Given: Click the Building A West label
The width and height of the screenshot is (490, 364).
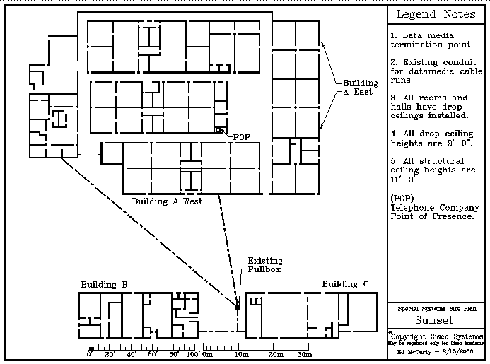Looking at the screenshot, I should [167, 201].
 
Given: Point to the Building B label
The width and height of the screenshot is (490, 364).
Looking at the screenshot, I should [104, 285].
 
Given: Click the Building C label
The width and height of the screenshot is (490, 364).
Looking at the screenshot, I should [345, 284].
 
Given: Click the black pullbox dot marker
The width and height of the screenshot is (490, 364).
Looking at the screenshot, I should [238, 307].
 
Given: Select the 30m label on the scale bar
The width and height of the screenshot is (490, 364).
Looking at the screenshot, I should [304, 355].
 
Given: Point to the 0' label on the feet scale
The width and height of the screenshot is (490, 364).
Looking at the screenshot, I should [89, 355].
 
